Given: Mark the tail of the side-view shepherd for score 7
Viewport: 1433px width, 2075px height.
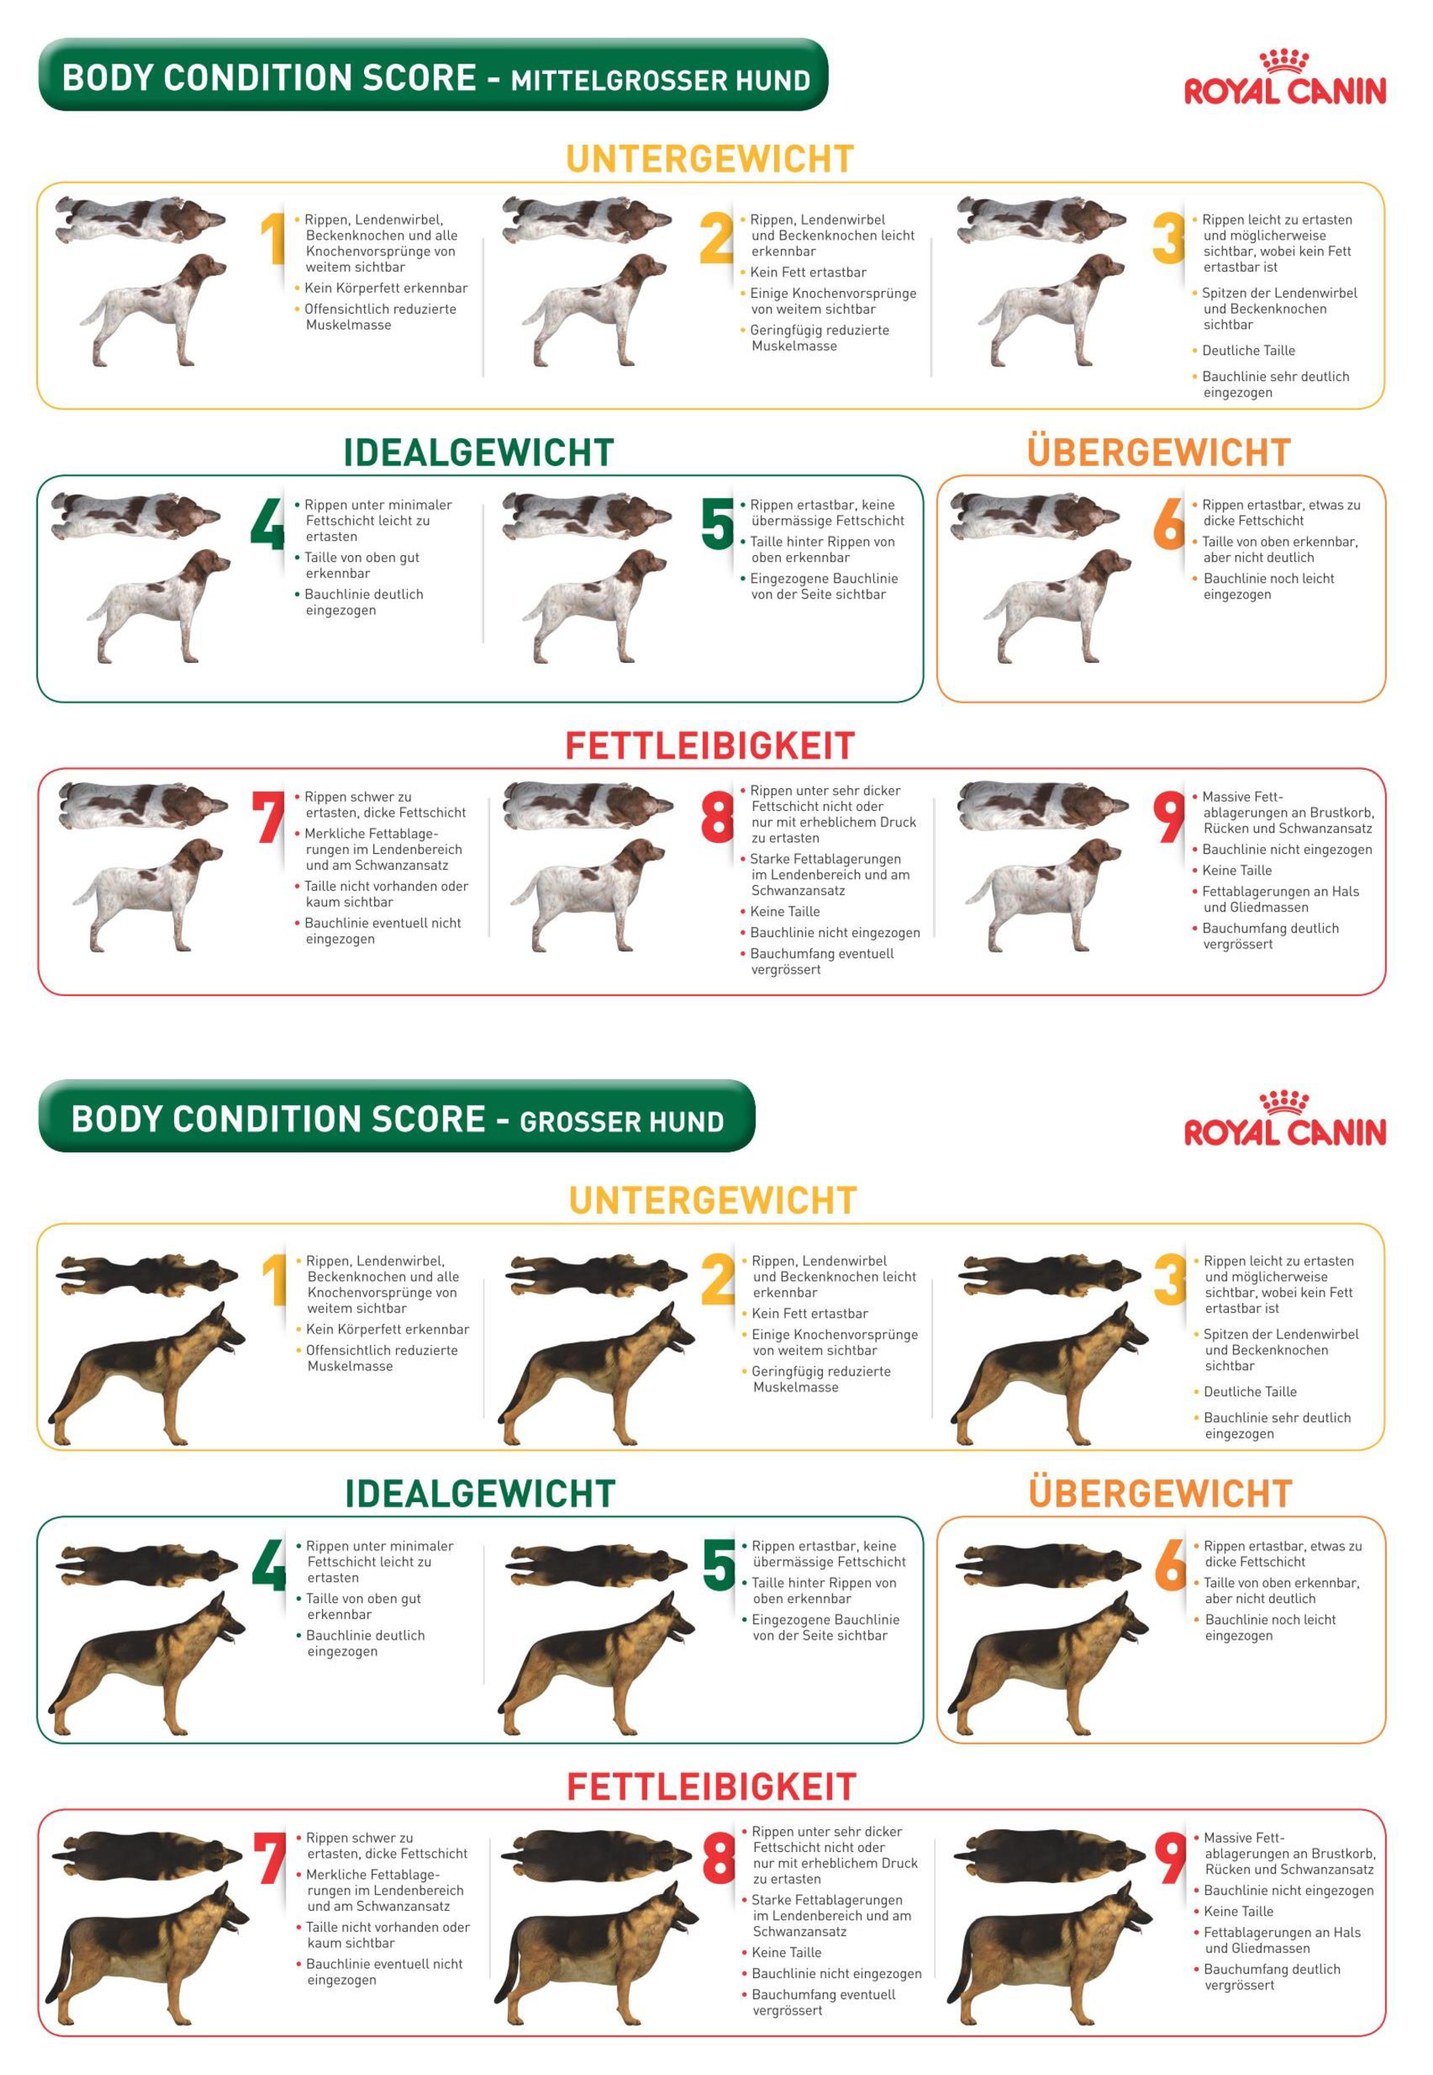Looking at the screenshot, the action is click(58, 1967).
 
